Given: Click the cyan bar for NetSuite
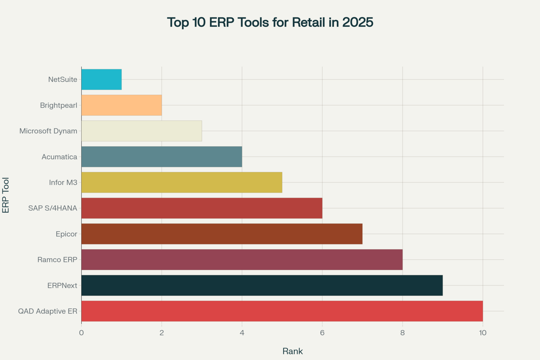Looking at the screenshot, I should click(102, 79).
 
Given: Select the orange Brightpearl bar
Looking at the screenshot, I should click(122, 105).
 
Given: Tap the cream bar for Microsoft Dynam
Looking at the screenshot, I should click(142, 131).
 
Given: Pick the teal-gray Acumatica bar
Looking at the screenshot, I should click(162, 157).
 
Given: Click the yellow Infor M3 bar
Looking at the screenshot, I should click(182, 182).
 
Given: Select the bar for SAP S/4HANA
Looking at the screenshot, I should click(202, 208).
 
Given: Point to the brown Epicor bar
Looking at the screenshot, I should click(222, 234).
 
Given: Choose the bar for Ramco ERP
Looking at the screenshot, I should click(242, 260).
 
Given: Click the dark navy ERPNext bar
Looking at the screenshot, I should click(262, 285).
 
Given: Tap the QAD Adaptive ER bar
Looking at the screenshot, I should click(282, 311).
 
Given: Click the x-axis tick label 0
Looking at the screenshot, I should click(81, 333).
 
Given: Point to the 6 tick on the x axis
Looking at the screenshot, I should click(322, 333).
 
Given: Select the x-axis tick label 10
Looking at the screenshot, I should click(483, 333).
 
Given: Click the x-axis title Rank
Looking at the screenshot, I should click(292, 351).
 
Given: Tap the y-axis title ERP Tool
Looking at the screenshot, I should click(6, 195).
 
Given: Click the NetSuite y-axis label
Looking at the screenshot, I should click(63, 79).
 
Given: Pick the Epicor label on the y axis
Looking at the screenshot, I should click(66, 234).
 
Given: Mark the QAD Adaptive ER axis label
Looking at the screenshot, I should click(47, 311).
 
